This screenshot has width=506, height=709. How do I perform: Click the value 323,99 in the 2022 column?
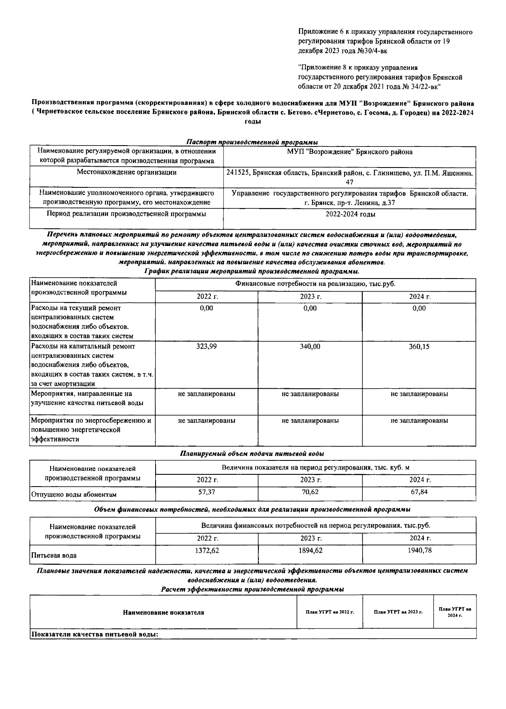pos(206,346)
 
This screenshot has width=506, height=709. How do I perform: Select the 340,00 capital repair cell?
pos(310,346)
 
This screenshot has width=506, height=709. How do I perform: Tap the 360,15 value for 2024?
pos(419,346)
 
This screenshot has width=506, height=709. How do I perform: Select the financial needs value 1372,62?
pos(207,550)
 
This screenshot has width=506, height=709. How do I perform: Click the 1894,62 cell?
pos(310,550)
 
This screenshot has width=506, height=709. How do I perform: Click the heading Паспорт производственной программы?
pos(252,142)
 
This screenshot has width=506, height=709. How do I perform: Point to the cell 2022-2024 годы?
pos(350,214)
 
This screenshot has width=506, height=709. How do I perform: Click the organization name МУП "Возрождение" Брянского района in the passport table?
pos(350,152)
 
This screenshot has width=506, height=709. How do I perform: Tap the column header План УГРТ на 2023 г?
pos(398,612)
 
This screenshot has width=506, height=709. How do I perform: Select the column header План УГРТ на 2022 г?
pos(330,612)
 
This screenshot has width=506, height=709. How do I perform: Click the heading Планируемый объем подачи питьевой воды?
pos(252,454)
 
